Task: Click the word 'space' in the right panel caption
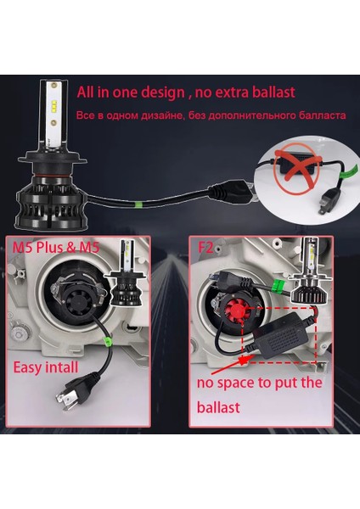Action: pyautogui.click(x=250, y=381)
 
